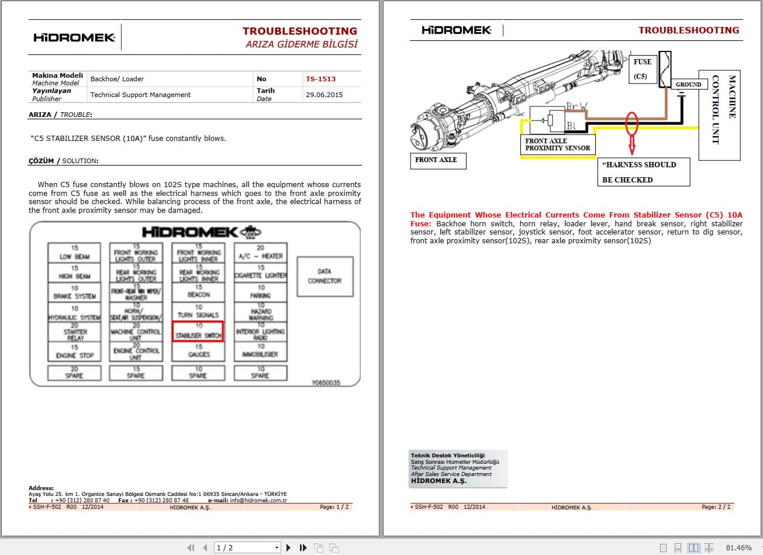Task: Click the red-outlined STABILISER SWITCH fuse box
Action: pyautogui.click(x=198, y=332)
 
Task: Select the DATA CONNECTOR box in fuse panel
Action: pyautogui.click(x=324, y=276)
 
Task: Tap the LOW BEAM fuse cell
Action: pyautogui.click(x=74, y=252)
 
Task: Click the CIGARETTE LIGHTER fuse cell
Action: pyautogui.click(x=261, y=271)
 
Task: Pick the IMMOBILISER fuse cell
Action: pyautogui.click(x=261, y=351)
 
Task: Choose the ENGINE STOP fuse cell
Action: pyautogui.click(x=74, y=351)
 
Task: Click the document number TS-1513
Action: pyautogui.click(x=320, y=79)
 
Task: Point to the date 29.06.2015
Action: pyautogui.click(x=324, y=95)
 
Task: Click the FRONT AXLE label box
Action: pyautogui.click(x=436, y=160)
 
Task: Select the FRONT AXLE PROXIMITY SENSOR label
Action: pyautogui.click(x=557, y=144)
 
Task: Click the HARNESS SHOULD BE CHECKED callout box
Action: pyautogui.click(x=641, y=172)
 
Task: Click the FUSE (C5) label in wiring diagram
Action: pyautogui.click(x=642, y=69)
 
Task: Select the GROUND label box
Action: pyautogui.click(x=688, y=84)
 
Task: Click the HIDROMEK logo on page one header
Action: pyautogui.click(x=74, y=37)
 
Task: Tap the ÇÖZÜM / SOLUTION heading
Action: pyautogui.click(x=63, y=161)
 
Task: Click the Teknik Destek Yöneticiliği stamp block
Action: pyautogui.click(x=458, y=468)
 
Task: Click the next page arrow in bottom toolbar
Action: pyautogui.click(x=288, y=547)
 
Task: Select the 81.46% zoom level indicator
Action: pyautogui.click(x=738, y=547)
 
